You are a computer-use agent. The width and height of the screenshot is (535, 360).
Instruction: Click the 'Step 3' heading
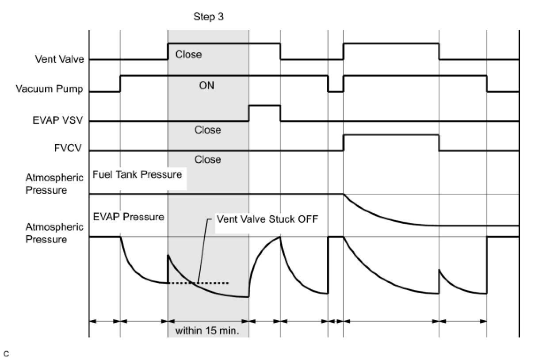click(x=208, y=17)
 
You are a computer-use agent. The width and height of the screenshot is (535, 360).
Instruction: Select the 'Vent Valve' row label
click(x=60, y=59)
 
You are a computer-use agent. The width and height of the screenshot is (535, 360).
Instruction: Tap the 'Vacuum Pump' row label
click(x=50, y=88)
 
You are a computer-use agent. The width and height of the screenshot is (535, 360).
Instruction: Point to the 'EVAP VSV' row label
click(x=57, y=120)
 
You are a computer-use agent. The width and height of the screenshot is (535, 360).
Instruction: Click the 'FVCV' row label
click(x=68, y=148)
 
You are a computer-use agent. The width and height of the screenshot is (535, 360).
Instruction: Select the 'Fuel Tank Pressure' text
click(x=137, y=174)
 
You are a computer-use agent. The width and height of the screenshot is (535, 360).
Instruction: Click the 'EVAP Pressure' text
click(x=129, y=217)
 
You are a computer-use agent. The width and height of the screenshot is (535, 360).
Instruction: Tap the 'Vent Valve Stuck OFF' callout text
click(x=267, y=219)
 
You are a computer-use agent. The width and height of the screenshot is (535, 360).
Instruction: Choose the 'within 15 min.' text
click(x=207, y=331)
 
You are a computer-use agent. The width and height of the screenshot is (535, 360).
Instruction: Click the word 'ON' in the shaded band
click(x=206, y=85)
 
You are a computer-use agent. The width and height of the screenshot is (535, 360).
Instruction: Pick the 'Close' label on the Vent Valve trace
click(x=188, y=54)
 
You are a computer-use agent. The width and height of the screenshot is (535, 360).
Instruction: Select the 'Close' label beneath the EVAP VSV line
click(x=208, y=130)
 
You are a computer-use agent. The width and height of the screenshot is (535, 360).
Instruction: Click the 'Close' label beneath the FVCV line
click(x=208, y=159)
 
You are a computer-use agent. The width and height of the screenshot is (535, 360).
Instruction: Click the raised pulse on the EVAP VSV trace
click(x=265, y=106)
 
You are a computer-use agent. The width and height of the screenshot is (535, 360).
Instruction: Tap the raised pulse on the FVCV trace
click(x=391, y=135)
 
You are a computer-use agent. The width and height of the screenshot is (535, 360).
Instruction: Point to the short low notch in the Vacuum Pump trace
click(x=336, y=91)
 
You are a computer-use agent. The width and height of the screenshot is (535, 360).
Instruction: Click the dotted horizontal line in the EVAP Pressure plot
click(x=199, y=283)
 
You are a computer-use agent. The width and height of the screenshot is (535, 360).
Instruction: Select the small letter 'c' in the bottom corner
click(x=6, y=354)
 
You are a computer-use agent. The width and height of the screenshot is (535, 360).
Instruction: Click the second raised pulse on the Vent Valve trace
click(x=391, y=44)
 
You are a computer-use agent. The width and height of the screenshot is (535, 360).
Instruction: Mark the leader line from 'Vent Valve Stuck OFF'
click(x=205, y=251)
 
